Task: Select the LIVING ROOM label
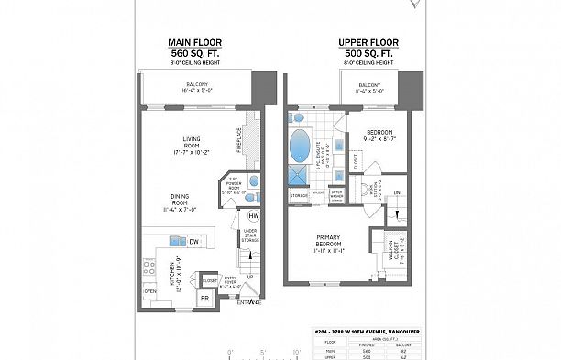[x=192, y=146]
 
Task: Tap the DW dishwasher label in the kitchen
[x=193, y=242]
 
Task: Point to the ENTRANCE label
[x=249, y=302]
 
